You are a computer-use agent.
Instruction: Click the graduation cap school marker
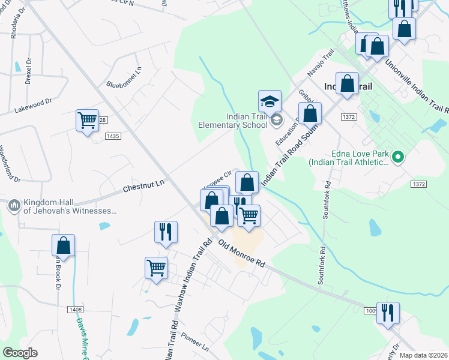[x=270, y=100]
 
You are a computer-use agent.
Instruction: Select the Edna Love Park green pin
[x=397, y=158]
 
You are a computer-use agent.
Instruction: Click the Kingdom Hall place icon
[x=14, y=206]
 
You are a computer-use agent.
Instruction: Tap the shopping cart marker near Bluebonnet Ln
[x=87, y=120]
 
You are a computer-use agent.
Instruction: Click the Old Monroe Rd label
[x=242, y=253]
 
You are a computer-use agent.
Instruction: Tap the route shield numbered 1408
[x=75, y=309]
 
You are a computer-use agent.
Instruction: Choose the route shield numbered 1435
[x=112, y=137]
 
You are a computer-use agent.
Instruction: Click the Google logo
[x=20, y=353]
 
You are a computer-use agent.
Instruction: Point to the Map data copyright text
[x=424, y=355]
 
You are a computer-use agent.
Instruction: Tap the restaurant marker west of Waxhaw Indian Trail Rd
[x=166, y=231]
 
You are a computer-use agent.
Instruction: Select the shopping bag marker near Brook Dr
[x=63, y=245]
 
